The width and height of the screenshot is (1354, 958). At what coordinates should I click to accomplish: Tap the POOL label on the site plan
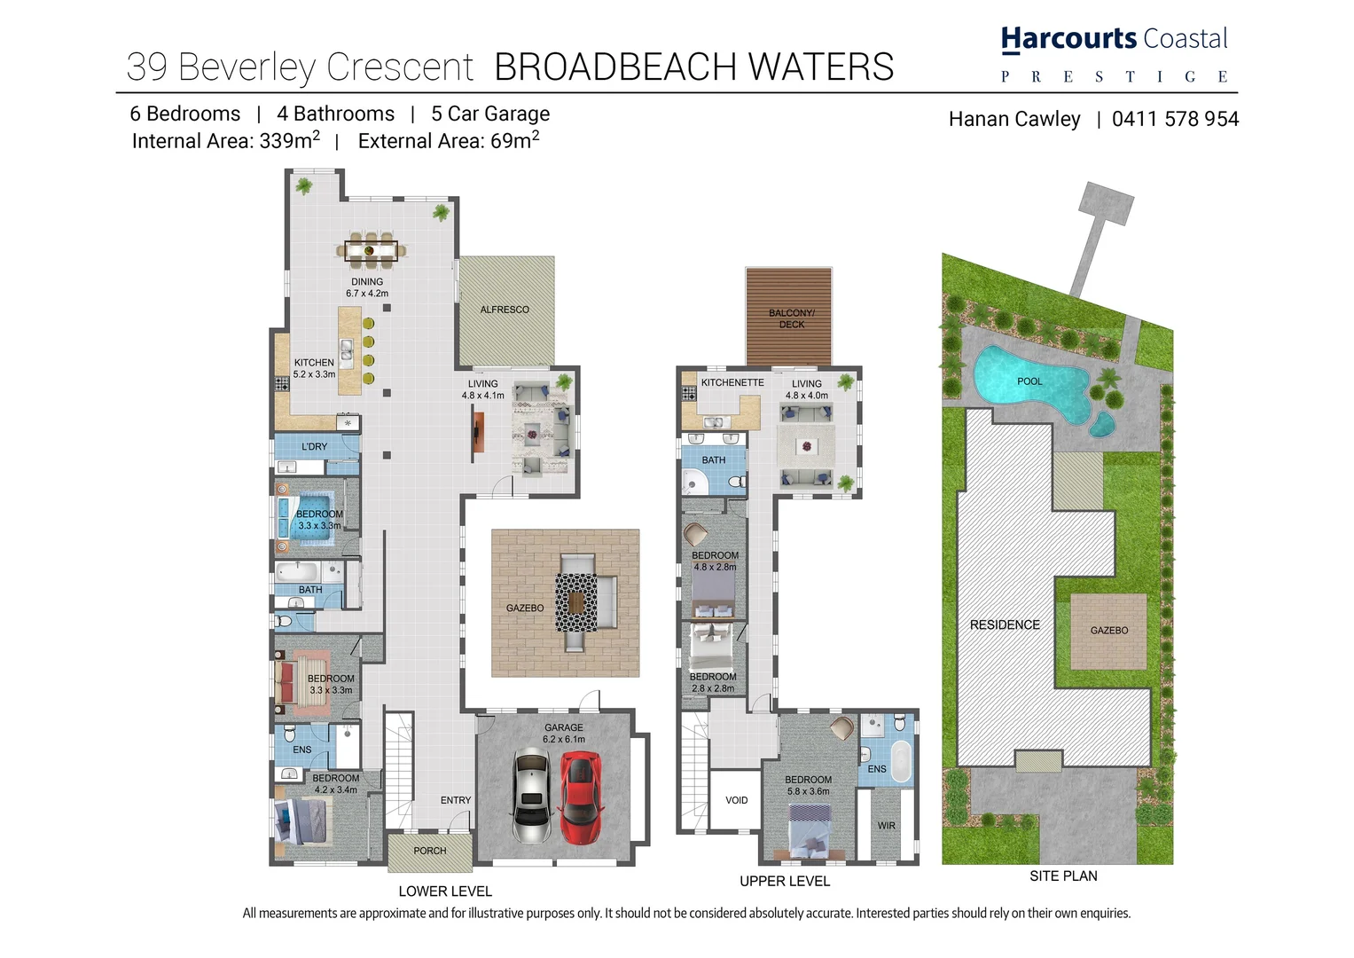[x=1029, y=381]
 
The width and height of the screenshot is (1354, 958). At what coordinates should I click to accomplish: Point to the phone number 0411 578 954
[x=1175, y=120]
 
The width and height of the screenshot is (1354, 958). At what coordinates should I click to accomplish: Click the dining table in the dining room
[x=372, y=251]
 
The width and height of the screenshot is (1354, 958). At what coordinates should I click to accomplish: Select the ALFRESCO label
[x=505, y=310]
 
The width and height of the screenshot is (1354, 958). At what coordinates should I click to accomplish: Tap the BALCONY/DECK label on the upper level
[x=791, y=318]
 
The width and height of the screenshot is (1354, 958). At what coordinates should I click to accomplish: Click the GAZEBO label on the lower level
[x=525, y=609]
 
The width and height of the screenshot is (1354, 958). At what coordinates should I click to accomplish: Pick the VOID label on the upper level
[x=737, y=800]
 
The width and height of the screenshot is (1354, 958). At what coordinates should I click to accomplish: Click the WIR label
[x=887, y=826]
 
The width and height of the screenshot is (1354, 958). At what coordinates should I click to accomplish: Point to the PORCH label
[x=430, y=851]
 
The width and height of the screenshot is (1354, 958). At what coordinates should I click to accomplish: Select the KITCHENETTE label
[x=732, y=383]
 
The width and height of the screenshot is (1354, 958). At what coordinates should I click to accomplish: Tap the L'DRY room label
[x=314, y=447]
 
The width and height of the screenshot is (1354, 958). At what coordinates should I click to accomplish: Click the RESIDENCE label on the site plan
[x=1005, y=625]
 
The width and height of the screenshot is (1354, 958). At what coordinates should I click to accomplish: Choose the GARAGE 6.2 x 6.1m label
[x=564, y=733]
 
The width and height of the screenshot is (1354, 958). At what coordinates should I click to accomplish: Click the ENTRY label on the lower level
[x=456, y=800]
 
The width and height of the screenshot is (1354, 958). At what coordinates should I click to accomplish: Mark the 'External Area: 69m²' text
[x=449, y=141]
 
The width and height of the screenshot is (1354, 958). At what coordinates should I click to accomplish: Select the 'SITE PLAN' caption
[x=1063, y=876]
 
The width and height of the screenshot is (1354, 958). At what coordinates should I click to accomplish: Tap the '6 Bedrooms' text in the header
[x=185, y=114]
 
